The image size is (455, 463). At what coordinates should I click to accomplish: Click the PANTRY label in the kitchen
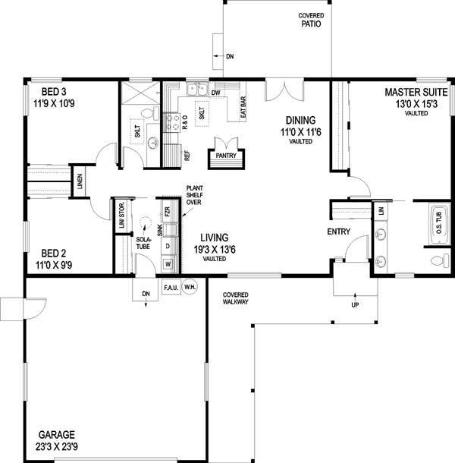click(227, 156)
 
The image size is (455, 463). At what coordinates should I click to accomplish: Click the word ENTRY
click(337, 231)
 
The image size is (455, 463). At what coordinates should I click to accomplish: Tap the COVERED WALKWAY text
click(235, 298)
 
